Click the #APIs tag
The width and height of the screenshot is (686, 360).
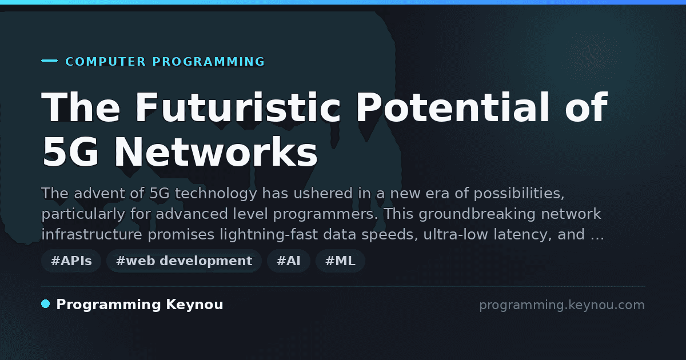[x=71, y=261]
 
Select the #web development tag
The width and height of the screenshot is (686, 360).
[x=184, y=261]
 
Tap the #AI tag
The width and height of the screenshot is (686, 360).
[x=289, y=261]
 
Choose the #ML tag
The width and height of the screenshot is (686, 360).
[x=340, y=261]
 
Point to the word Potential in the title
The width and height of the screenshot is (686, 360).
[x=452, y=107]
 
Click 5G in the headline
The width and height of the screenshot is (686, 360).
[x=70, y=152]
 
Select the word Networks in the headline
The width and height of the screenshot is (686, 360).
[x=216, y=151]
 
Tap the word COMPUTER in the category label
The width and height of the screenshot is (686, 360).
[x=106, y=62]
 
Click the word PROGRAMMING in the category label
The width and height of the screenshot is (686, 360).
[x=208, y=62]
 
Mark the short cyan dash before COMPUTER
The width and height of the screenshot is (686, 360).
[x=49, y=61]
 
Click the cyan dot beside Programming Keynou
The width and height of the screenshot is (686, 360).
[x=45, y=304]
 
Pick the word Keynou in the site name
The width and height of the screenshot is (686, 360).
[x=194, y=305]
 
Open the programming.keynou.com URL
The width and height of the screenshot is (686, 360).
[x=562, y=305]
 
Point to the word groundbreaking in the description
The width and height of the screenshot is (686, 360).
[x=477, y=214]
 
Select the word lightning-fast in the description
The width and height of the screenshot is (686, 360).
[x=269, y=235]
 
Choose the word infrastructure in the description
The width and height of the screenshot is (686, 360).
[x=92, y=234]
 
